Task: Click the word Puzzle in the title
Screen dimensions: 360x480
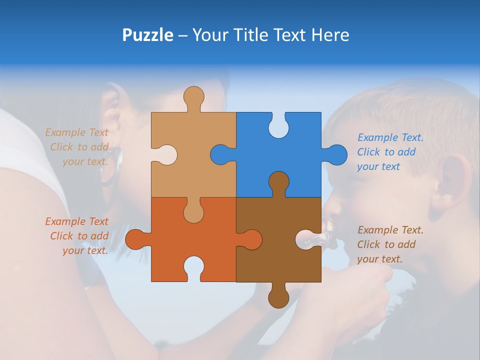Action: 147,35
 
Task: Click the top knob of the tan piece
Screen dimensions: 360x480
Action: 193,97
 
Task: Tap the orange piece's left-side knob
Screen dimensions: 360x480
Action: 135,239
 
